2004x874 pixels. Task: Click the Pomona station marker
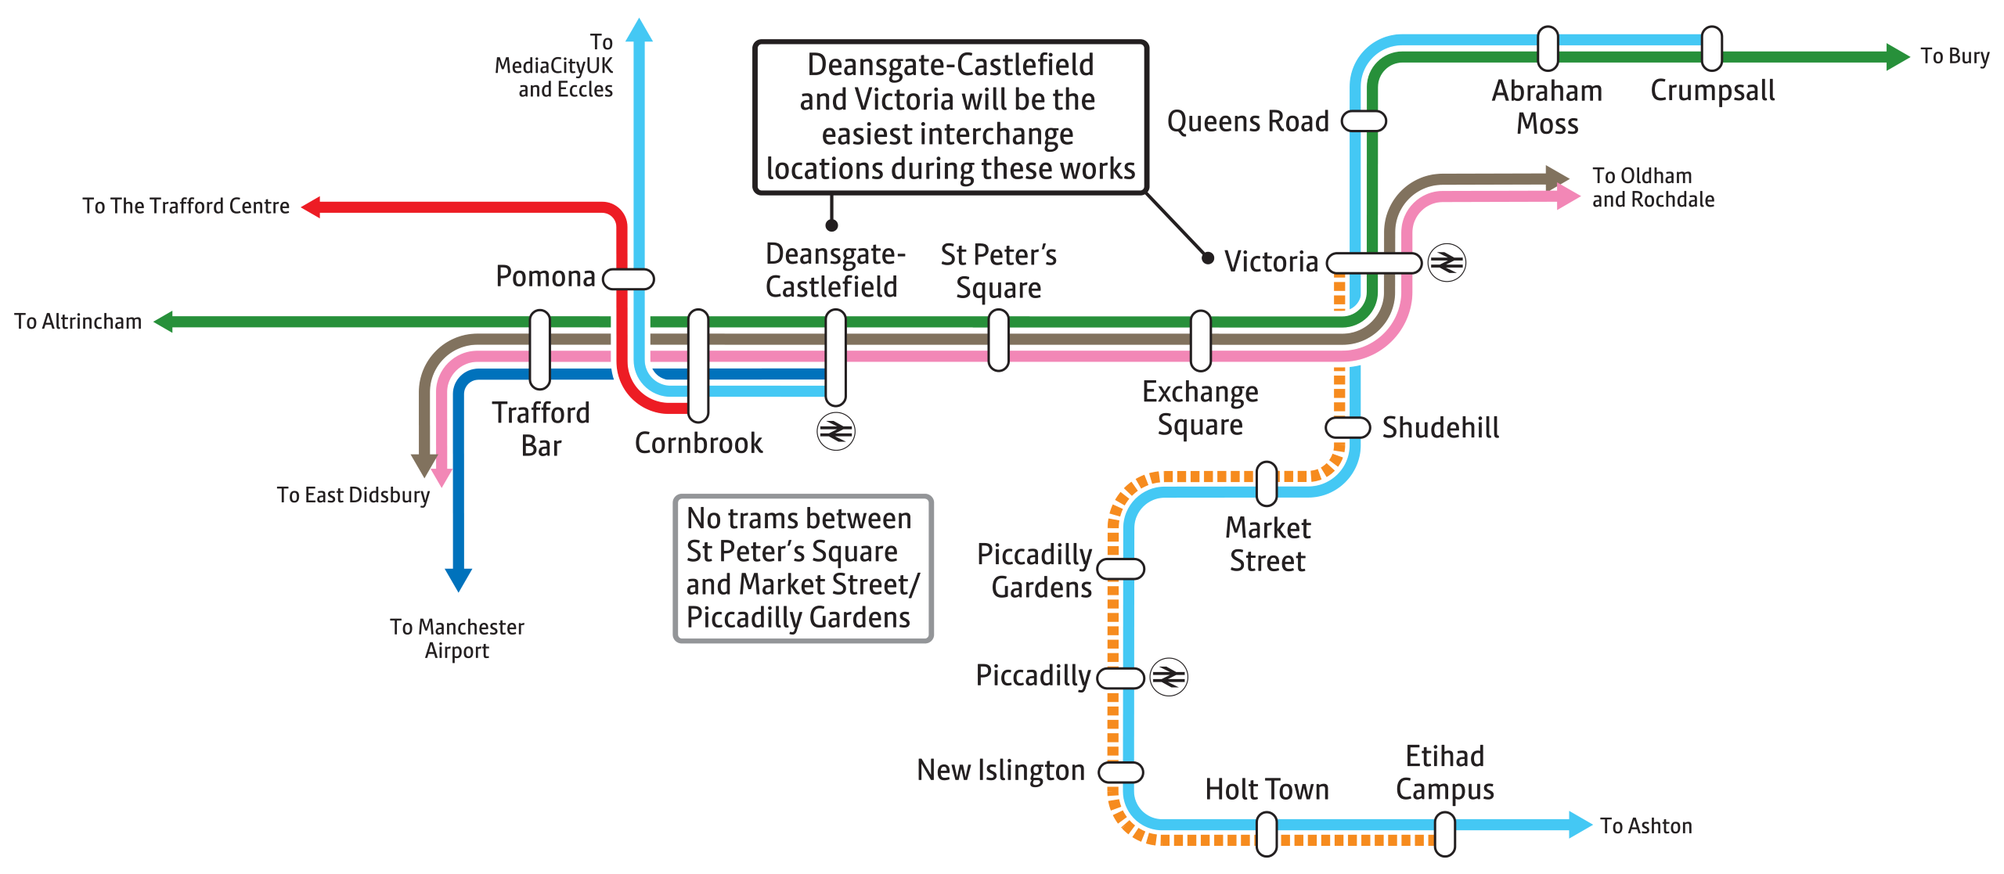pyautogui.click(x=628, y=279)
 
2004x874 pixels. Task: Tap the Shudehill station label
pyautogui.click(x=1440, y=427)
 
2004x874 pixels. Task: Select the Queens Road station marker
pyautogui.click(x=1364, y=121)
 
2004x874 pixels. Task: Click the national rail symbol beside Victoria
pyautogui.click(x=1447, y=262)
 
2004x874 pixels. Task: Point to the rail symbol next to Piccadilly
pyautogui.click(x=1169, y=676)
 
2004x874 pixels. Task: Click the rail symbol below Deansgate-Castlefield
pyautogui.click(x=835, y=431)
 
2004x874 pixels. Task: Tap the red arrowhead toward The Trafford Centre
pyautogui.click(x=312, y=207)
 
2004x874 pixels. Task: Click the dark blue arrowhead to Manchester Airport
pyautogui.click(x=458, y=580)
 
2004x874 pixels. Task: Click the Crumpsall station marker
pyautogui.click(x=1712, y=49)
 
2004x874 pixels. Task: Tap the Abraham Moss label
pyautogui.click(x=1547, y=107)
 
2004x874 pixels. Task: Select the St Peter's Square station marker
pyautogui.click(x=998, y=340)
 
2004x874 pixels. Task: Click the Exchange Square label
pyautogui.click(x=1200, y=408)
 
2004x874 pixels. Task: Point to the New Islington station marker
pyautogui.click(x=1121, y=771)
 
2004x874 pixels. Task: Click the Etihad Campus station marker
pyautogui.click(x=1445, y=834)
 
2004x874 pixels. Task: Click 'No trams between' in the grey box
pyautogui.click(x=798, y=518)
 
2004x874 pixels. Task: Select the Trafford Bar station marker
pyautogui.click(x=539, y=349)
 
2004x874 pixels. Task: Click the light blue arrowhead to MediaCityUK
pyautogui.click(x=640, y=30)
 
